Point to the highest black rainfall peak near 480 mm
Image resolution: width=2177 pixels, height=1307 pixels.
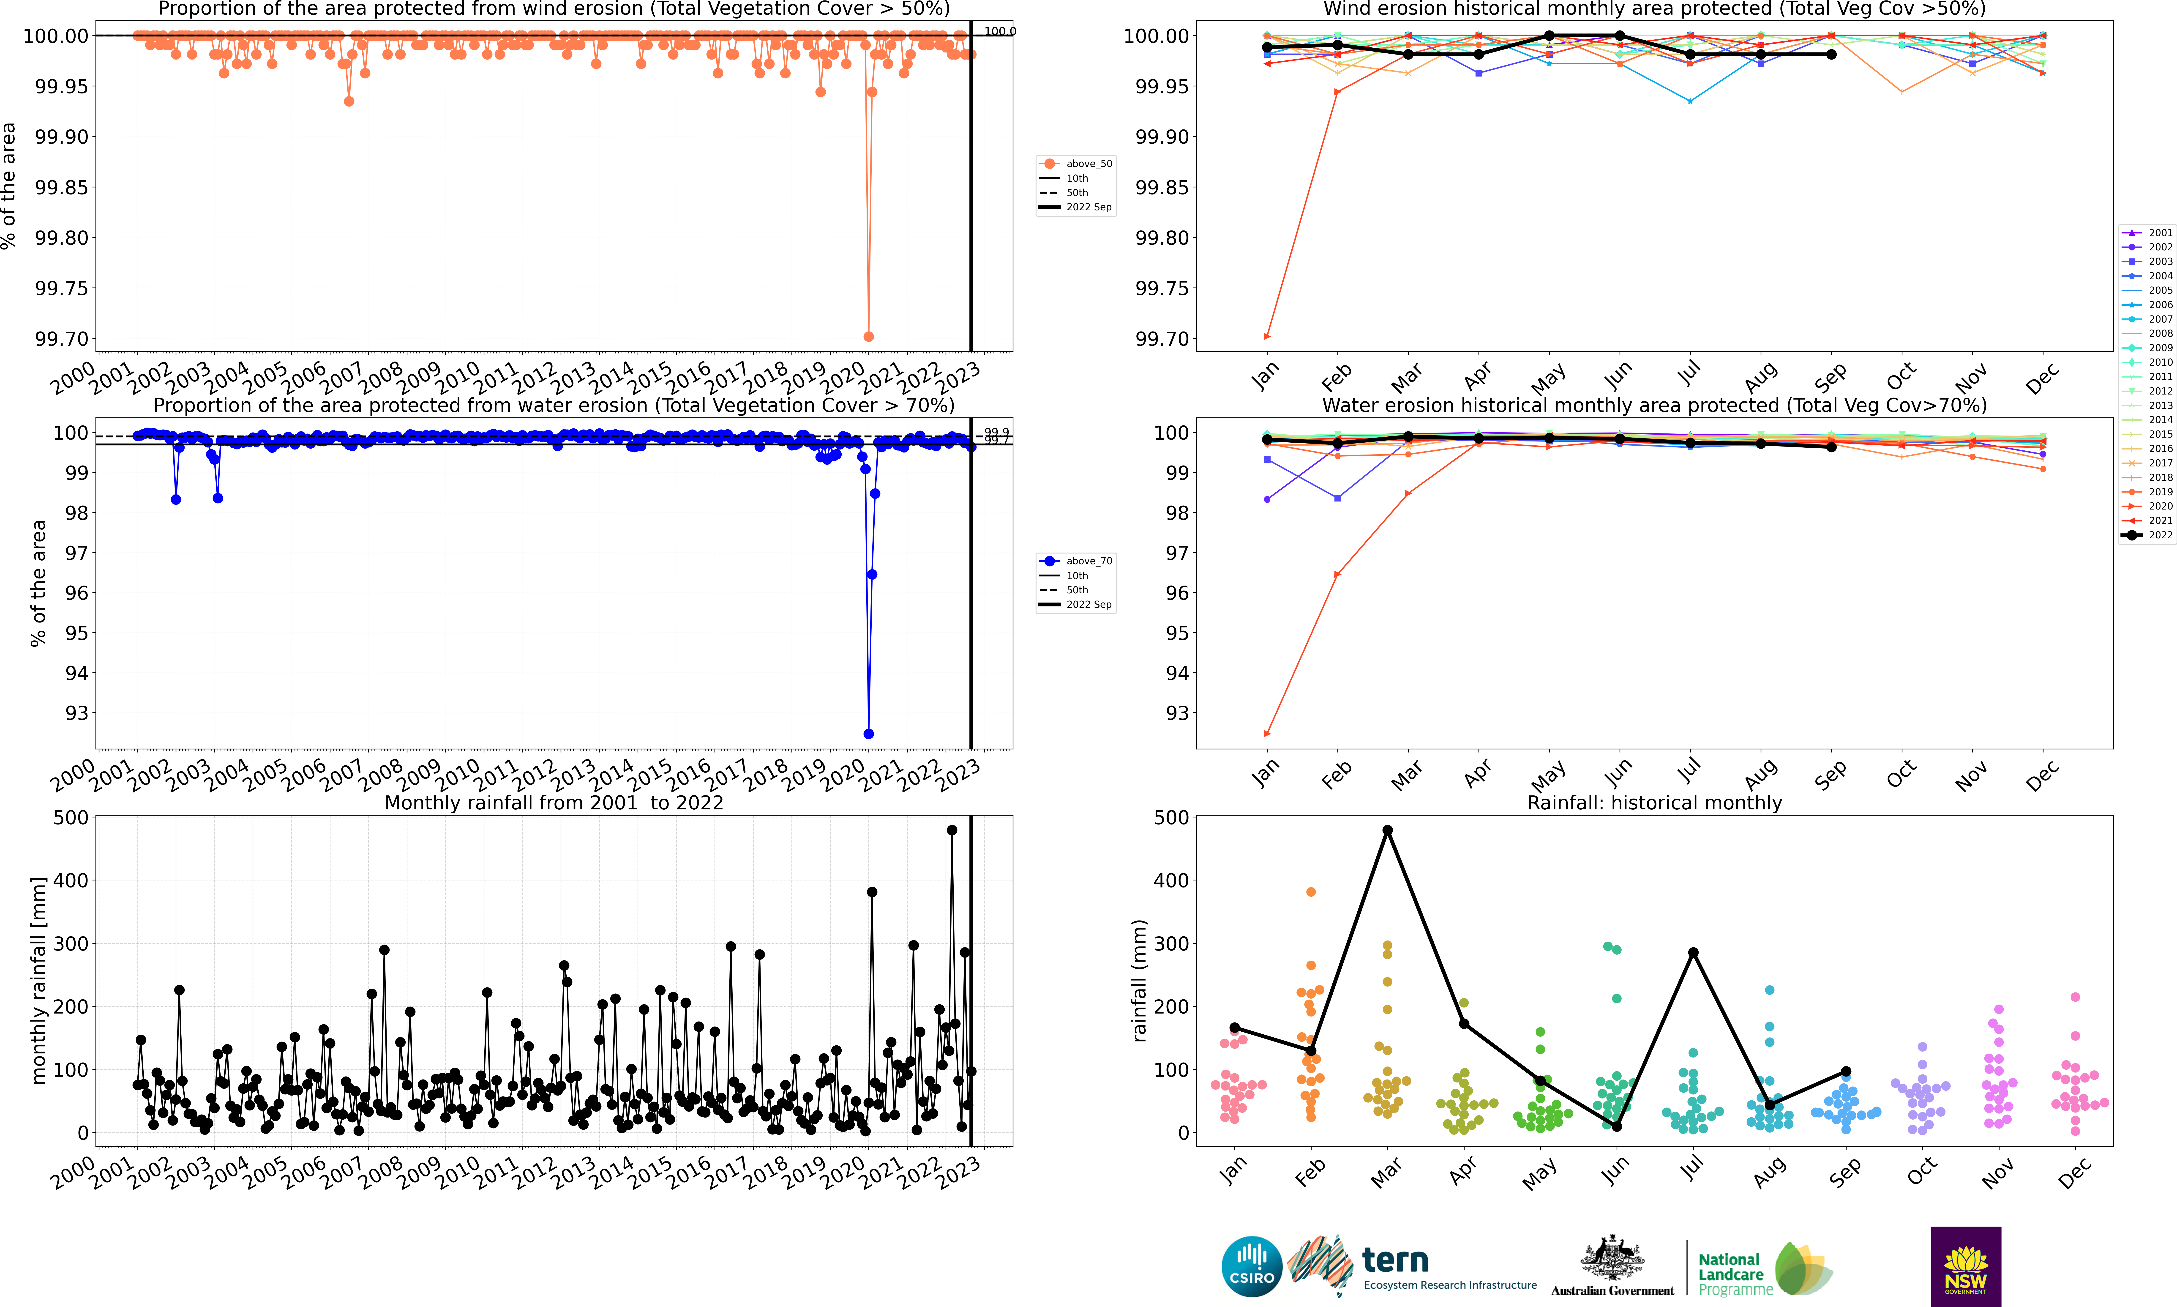(952, 830)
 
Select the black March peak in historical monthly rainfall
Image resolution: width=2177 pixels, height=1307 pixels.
(1387, 830)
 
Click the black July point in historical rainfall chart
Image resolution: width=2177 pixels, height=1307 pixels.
(1693, 952)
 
